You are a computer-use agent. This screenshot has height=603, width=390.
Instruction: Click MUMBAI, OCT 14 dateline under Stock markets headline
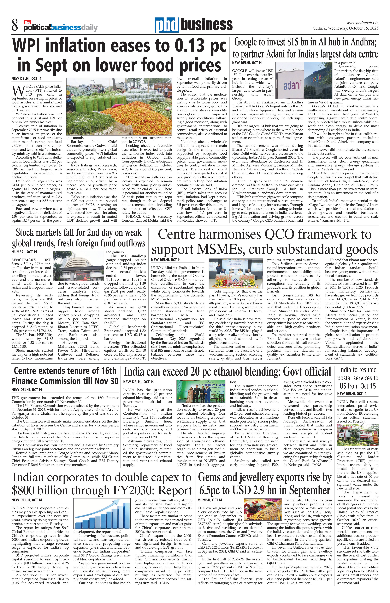tap(24, 252)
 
